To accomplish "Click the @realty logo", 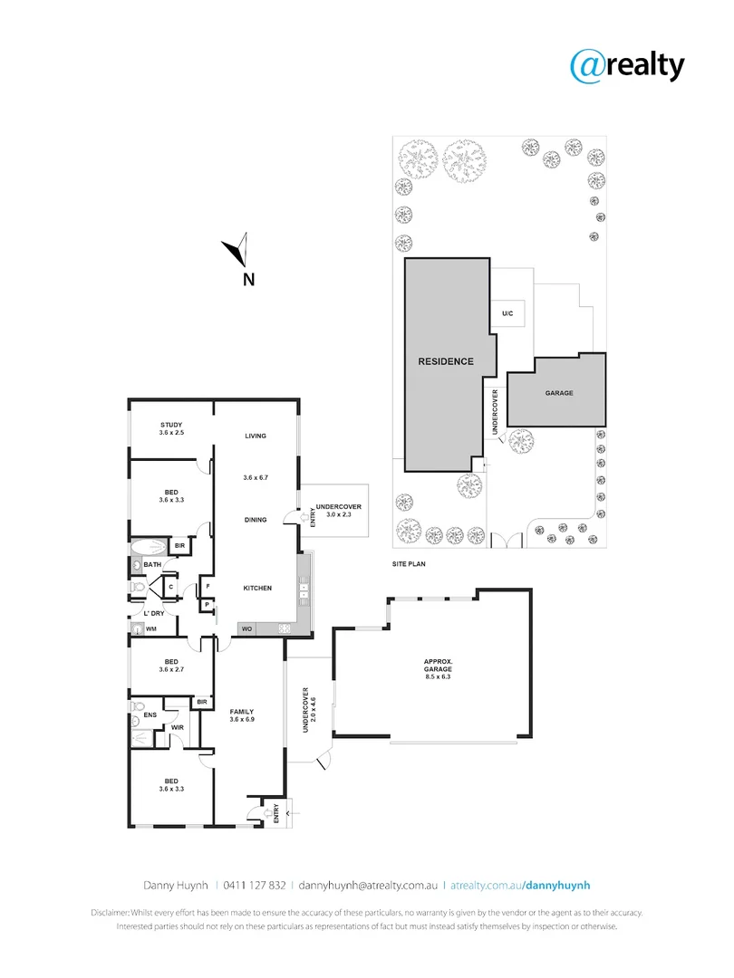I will [x=626, y=65].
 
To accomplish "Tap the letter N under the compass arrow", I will [x=247, y=279].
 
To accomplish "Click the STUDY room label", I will [x=171, y=428].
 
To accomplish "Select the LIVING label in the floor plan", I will [x=256, y=436].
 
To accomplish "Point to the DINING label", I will [x=256, y=520].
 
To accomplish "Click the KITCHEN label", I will [x=256, y=589].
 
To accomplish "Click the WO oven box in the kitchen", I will [x=246, y=628].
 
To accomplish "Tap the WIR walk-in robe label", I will [x=179, y=727].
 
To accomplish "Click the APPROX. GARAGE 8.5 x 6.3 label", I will [x=444, y=668].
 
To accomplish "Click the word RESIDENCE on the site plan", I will [x=445, y=361].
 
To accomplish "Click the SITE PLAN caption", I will [x=409, y=563].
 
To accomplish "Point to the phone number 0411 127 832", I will [x=256, y=885].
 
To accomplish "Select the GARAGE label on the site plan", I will [x=559, y=393].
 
